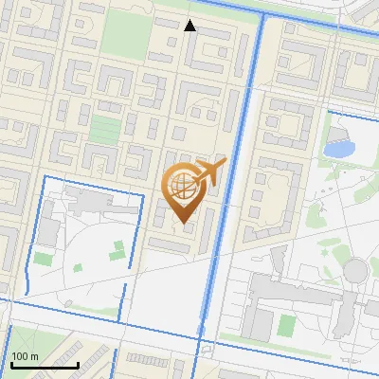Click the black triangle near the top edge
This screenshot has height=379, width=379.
[x=189, y=26]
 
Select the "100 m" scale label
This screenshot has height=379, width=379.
[x=25, y=356]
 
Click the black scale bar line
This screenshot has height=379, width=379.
[x=44, y=364]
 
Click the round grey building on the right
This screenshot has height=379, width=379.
[x=354, y=272]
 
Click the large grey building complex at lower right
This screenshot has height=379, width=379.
[x=294, y=303]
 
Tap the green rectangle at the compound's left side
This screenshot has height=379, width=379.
[x=44, y=259]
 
